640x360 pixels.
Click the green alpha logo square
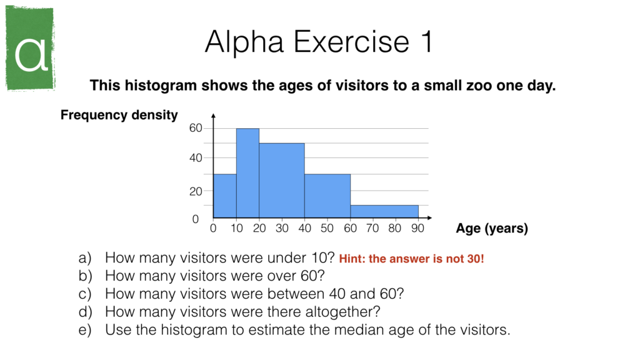pyautogui.click(x=30, y=48)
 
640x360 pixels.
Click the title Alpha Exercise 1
pyautogui.click(x=319, y=42)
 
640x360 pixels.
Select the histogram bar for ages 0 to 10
pyautogui.click(x=225, y=197)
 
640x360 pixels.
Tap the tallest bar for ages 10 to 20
pyautogui.click(x=247, y=173)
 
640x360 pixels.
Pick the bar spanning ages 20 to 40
pyautogui.click(x=282, y=181)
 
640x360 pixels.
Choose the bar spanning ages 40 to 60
pyautogui.click(x=327, y=197)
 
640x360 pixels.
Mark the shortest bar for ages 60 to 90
pyautogui.click(x=384, y=212)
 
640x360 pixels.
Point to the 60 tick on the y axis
pyautogui.click(x=196, y=128)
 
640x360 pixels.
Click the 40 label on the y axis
pyautogui.click(x=196, y=159)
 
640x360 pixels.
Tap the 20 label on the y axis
pyautogui.click(x=196, y=192)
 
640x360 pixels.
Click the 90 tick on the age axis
pyautogui.click(x=418, y=229)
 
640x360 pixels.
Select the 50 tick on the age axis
pyautogui.click(x=327, y=229)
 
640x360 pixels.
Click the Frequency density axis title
pyautogui.click(x=119, y=115)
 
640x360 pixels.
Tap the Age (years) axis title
pyautogui.click(x=492, y=229)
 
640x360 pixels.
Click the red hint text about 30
pyautogui.click(x=411, y=259)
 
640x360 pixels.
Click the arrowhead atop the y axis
pyautogui.click(x=214, y=117)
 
